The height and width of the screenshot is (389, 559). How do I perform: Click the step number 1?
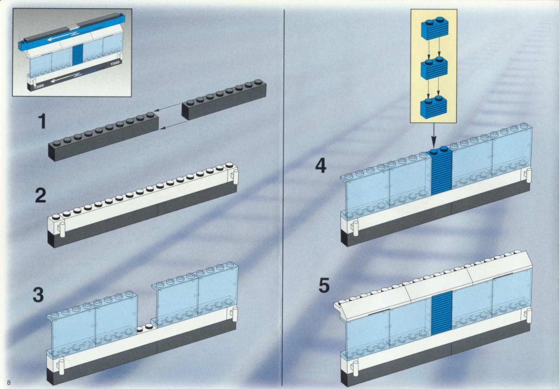click(42, 121)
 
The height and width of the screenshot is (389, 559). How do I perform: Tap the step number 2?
click(41, 196)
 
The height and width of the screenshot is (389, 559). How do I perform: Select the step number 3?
click(39, 295)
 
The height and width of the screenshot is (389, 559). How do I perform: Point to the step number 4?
click(321, 165)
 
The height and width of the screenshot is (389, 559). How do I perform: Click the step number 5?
click(324, 286)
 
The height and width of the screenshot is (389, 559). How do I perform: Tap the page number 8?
click(9, 383)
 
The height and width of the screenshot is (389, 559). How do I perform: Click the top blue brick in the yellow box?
click(434, 28)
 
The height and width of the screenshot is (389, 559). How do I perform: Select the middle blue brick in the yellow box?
click(434, 68)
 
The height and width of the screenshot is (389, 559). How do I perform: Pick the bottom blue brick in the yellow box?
click(434, 107)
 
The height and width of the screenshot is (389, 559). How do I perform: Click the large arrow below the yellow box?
click(434, 135)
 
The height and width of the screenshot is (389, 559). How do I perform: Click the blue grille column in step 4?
click(441, 171)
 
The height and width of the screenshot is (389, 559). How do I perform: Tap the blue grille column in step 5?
click(442, 312)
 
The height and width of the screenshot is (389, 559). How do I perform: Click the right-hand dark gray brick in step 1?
click(224, 99)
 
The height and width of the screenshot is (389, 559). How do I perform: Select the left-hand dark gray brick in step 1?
click(103, 136)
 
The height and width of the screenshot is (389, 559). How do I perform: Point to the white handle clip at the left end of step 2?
click(62, 230)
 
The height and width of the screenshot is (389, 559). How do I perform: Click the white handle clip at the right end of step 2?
click(235, 177)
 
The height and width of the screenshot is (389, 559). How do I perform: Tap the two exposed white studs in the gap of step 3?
click(145, 328)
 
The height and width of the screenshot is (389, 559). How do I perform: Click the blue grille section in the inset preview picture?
click(78, 55)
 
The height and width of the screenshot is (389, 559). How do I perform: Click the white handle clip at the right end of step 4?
click(528, 175)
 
